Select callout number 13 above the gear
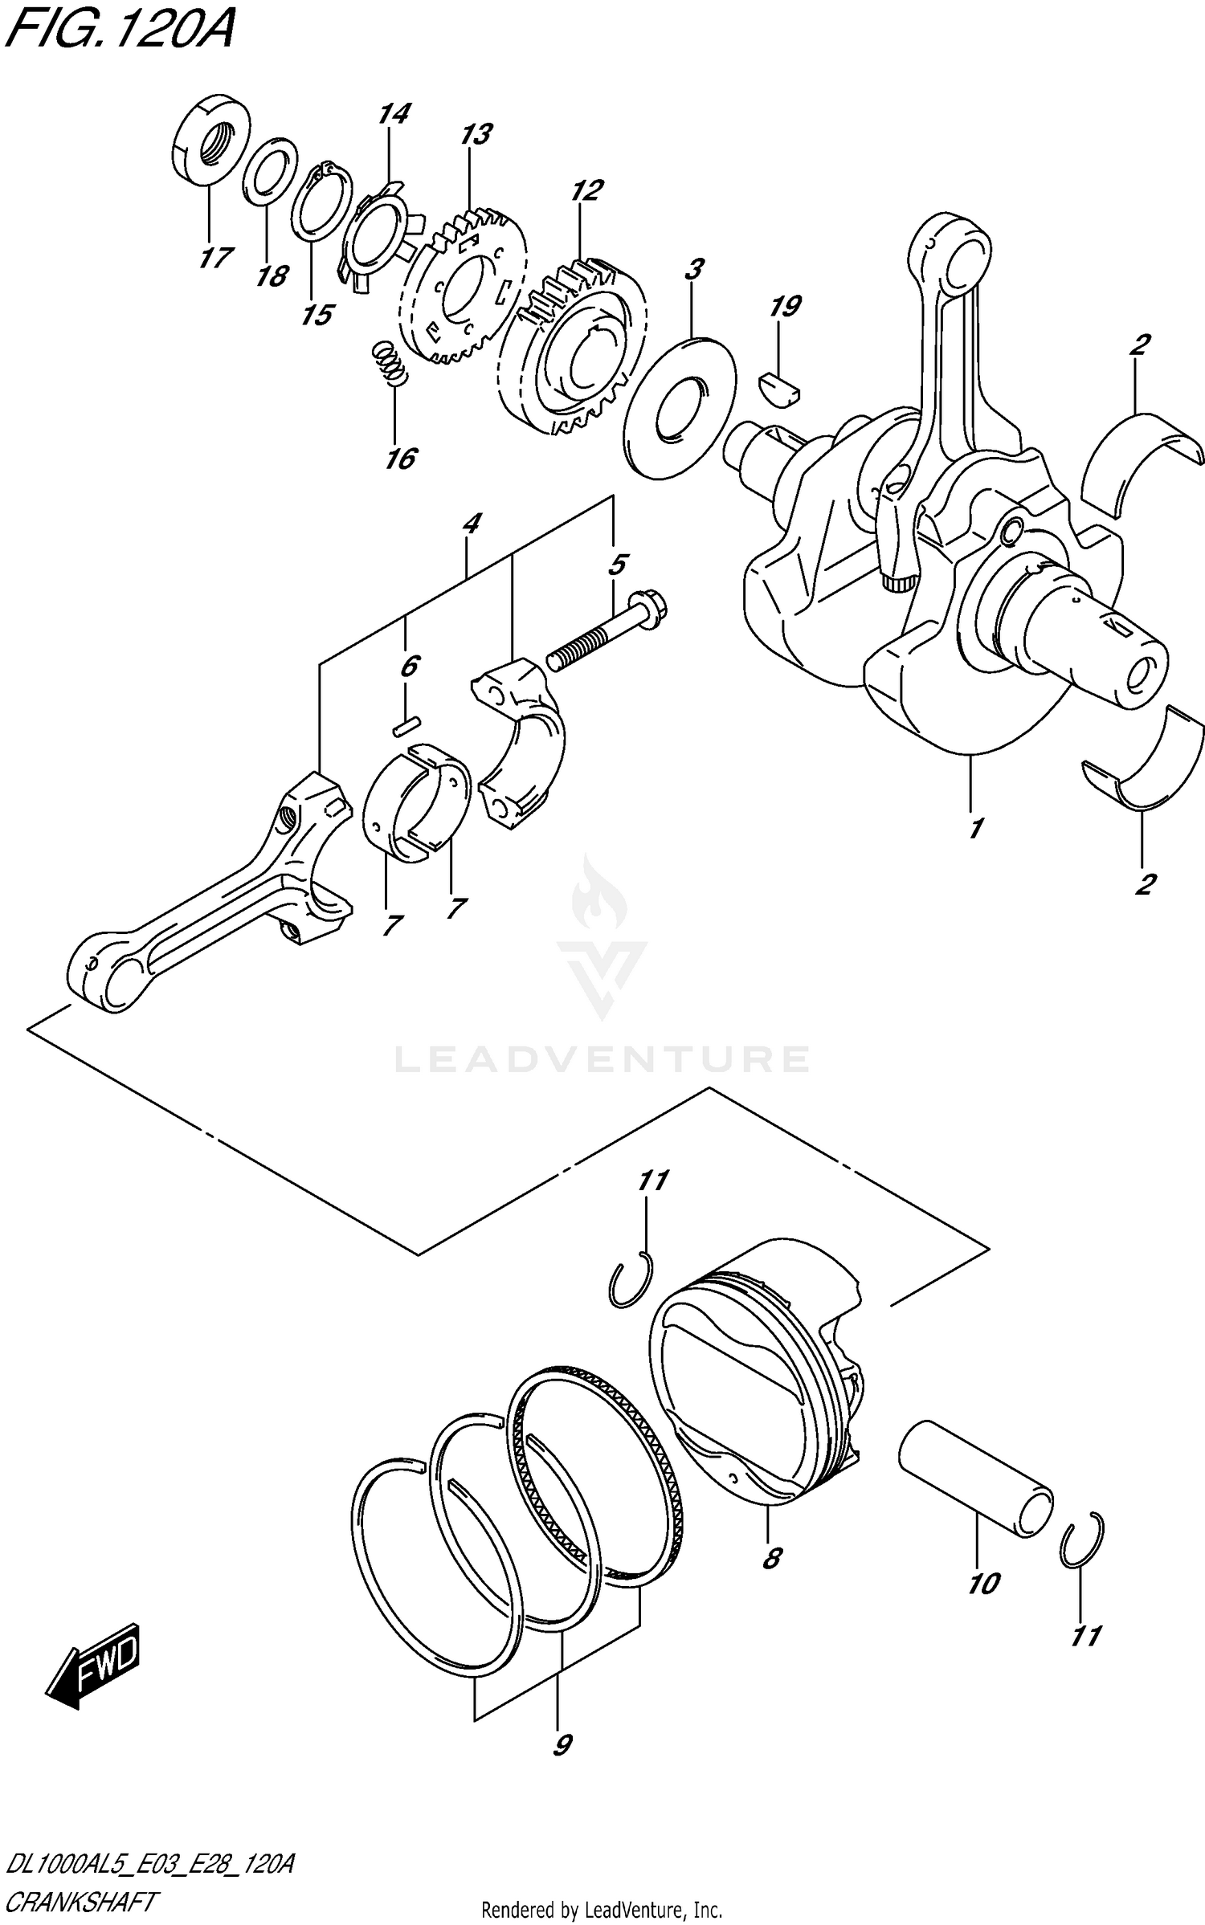click(476, 135)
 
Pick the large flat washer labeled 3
click(680, 408)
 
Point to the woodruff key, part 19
click(781, 383)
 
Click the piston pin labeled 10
click(974, 1479)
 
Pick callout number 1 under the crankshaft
click(974, 827)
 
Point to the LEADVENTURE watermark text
click(602, 1058)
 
